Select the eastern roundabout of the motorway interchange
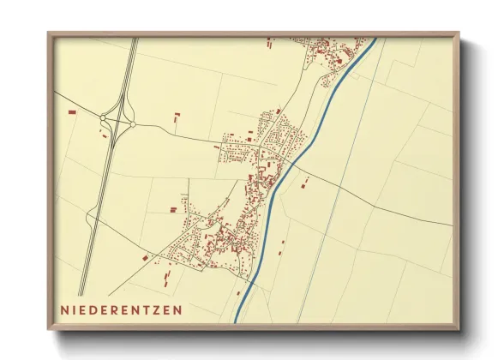(x=132, y=125)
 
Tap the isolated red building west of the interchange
(x=71, y=111)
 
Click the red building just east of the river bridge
(x=305, y=180)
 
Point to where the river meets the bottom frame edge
(x=235, y=322)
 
